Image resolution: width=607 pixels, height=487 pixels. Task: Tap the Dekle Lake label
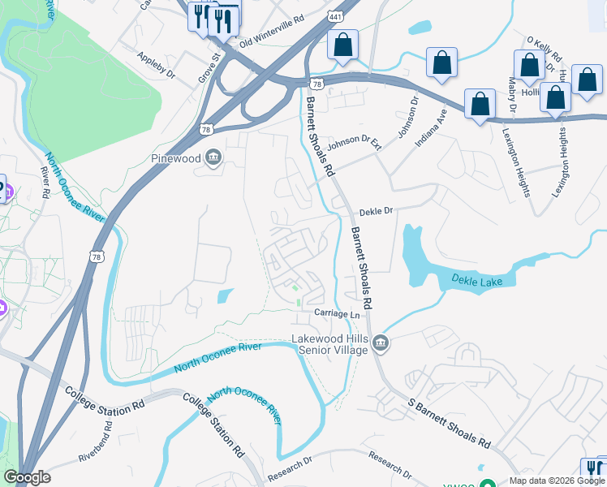coord(483,282)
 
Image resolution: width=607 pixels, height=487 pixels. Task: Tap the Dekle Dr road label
coord(376,210)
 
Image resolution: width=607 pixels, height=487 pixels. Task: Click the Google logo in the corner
coord(27,477)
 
